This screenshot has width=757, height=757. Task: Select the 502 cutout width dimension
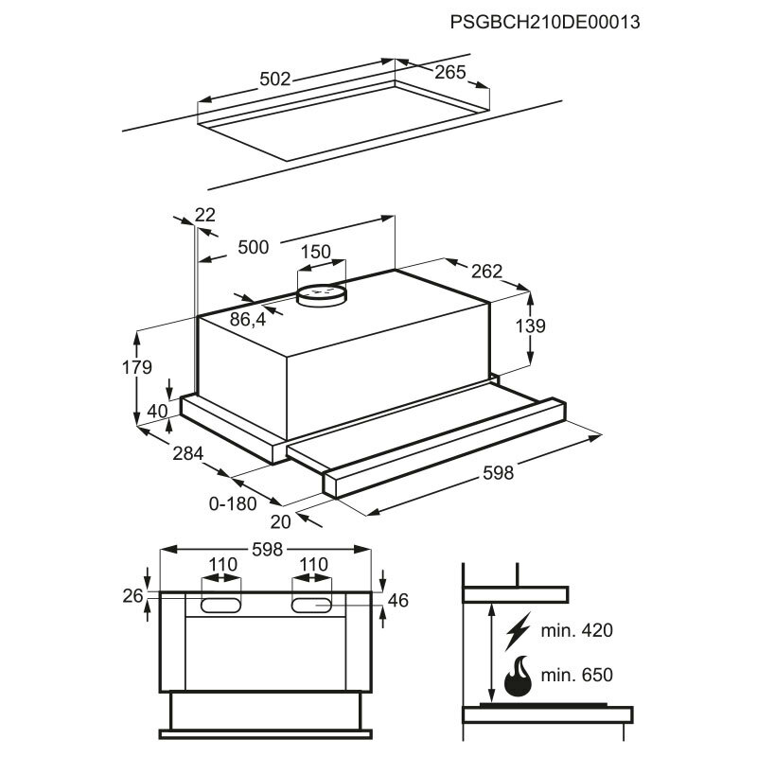pos(274,79)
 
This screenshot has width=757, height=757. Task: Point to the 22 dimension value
pos(205,215)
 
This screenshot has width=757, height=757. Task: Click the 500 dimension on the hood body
pos(254,247)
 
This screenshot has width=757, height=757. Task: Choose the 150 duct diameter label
pos(315,252)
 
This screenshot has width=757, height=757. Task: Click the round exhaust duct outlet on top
pos(322,294)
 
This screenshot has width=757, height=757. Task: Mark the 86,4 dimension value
pos(248,321)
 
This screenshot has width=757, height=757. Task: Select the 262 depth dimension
pos(486,272)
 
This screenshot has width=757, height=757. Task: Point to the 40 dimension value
pos(156,412)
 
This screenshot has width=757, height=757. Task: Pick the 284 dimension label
pos(188,454)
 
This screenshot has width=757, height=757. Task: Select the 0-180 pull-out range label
pos(233,503)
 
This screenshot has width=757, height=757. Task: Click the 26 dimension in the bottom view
pos(132,595)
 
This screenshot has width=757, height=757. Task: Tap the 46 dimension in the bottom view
pos(397,599)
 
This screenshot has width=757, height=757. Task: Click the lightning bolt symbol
pos(519,630)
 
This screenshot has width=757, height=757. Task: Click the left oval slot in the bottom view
pos(222,604)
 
